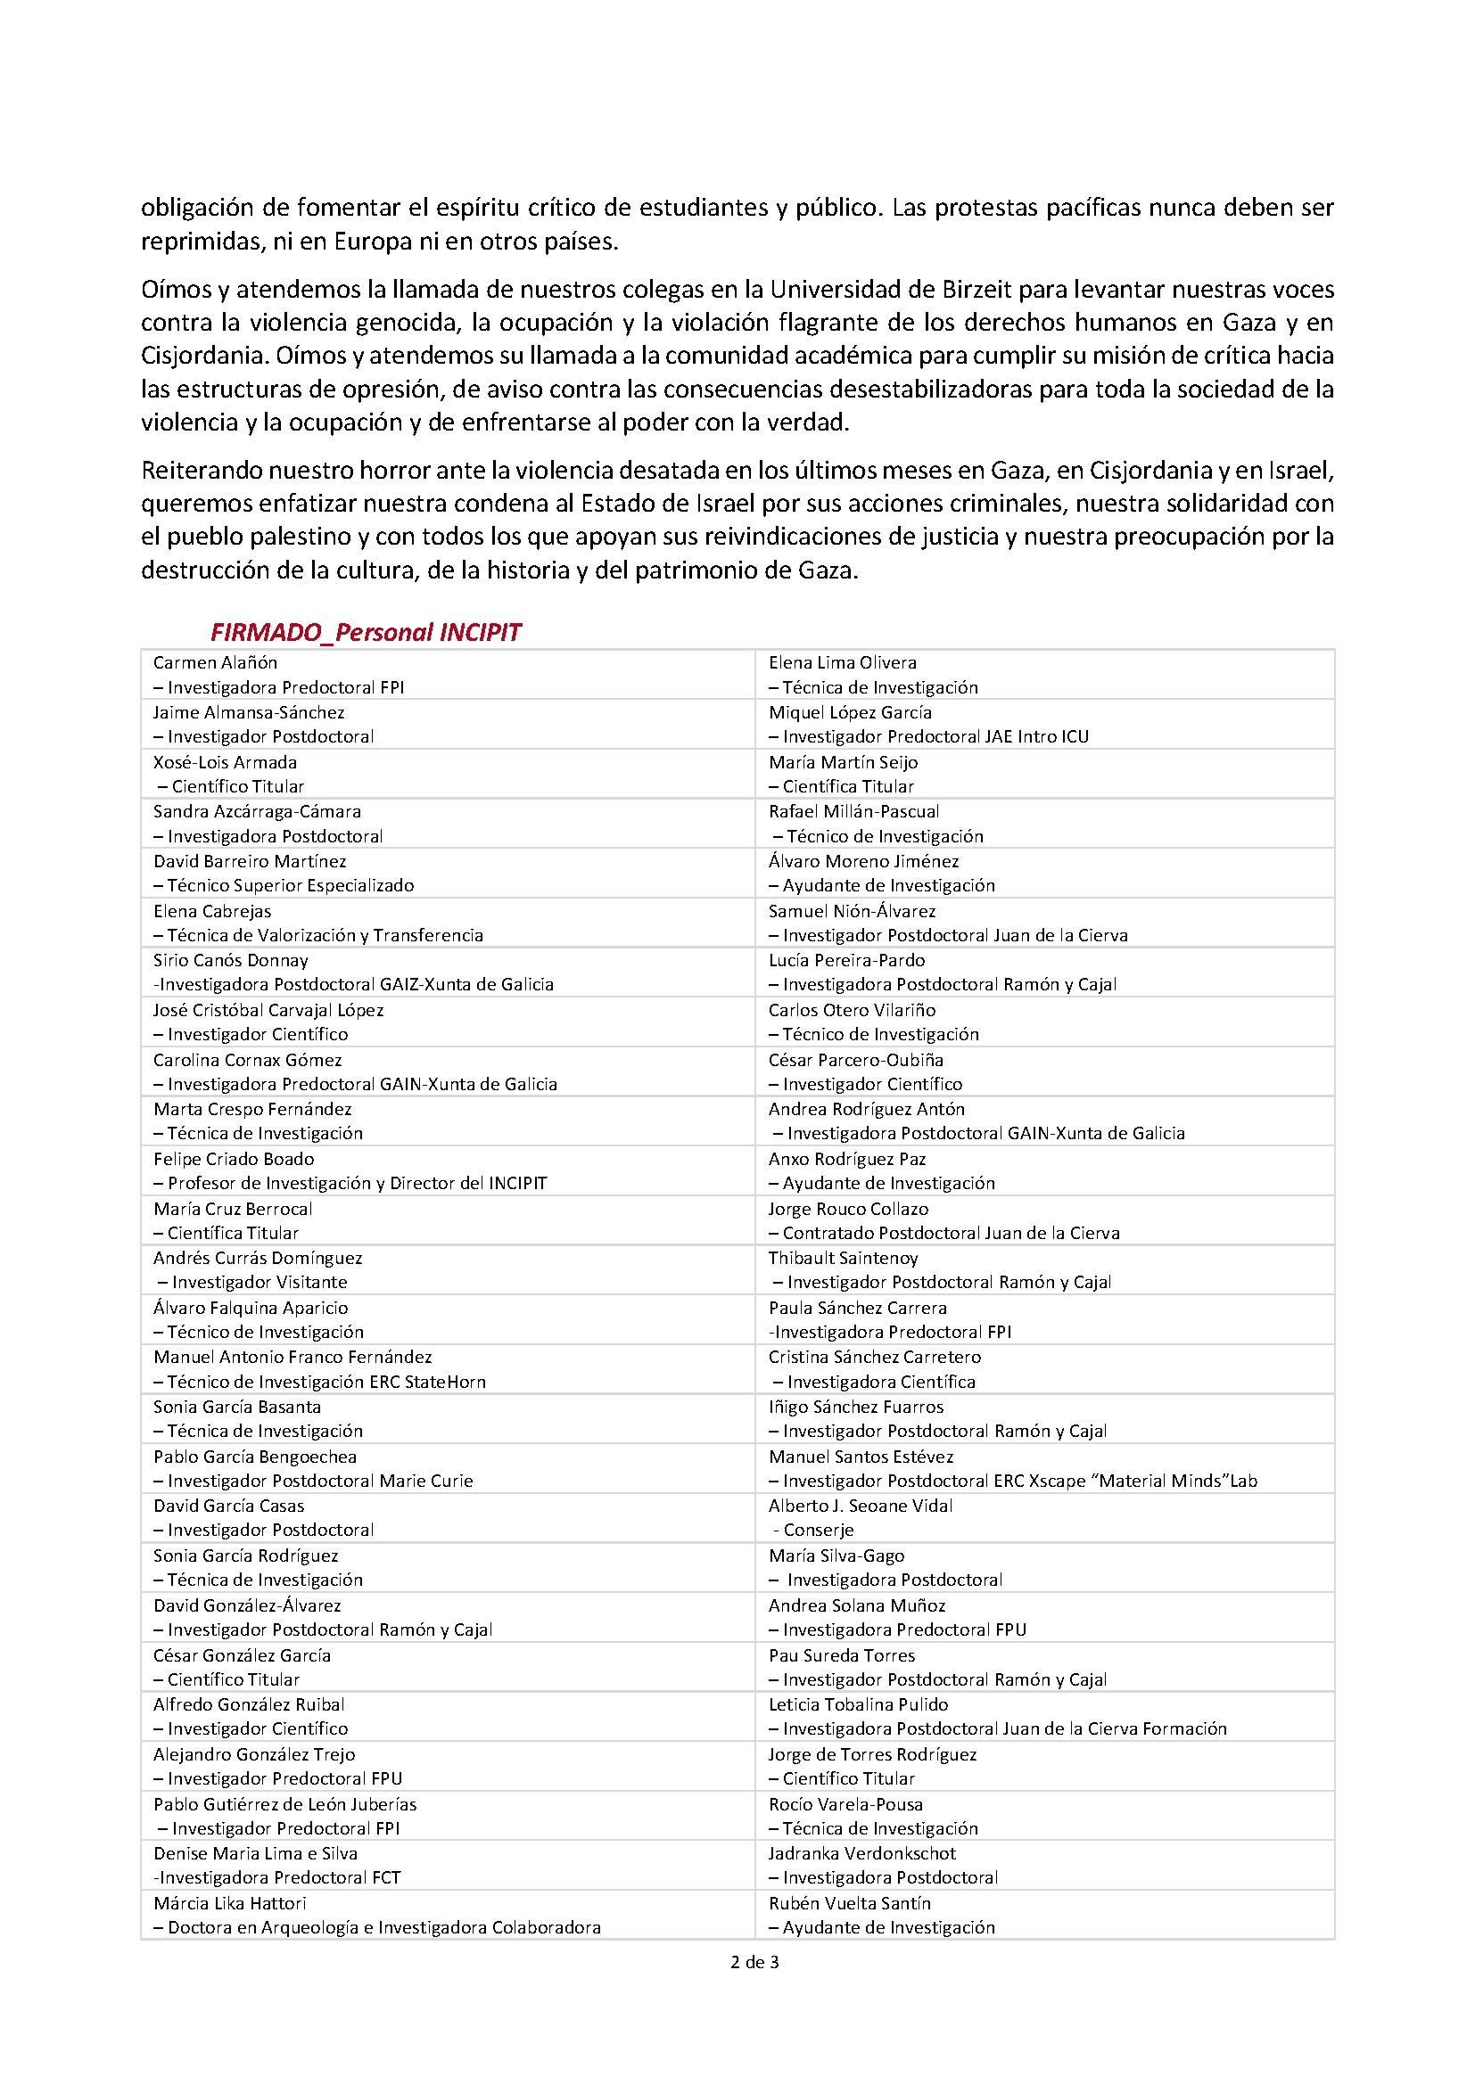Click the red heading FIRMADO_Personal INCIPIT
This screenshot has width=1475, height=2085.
[365, 632]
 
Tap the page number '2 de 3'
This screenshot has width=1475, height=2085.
[754, 1962]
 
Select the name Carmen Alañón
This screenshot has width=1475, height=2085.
[215, 663]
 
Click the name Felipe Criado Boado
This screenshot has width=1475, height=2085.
[234, 1159]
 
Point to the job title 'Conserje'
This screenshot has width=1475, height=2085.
[819, 1531]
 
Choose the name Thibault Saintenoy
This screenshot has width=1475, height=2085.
[843, 1258]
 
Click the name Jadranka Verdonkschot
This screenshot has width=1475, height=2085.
[862, 1853]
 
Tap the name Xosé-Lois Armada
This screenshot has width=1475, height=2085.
[225, 762]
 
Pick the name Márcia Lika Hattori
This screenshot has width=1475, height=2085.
[230, 1902]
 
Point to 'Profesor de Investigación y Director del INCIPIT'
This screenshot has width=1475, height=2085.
[357, 1183]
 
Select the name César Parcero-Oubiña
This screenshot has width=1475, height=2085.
[855, 1060]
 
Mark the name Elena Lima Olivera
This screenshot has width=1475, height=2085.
[842, 663]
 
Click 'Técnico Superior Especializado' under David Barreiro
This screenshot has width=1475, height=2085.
[291, 885]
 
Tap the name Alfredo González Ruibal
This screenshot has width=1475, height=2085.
[249, 1704]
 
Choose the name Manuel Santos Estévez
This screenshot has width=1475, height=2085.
[861, 1457]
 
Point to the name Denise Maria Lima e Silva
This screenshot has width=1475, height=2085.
[255, 1853]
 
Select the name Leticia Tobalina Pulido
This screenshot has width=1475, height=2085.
[857, 1704]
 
